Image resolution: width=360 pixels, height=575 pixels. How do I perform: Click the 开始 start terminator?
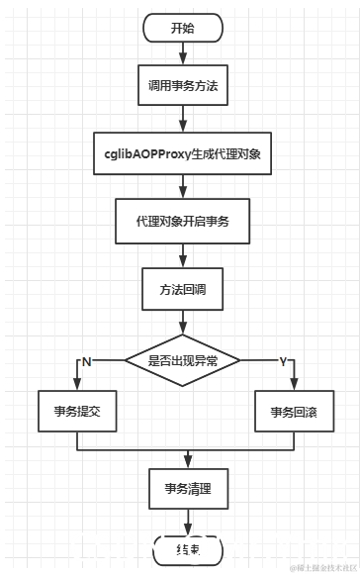tap(182, 28)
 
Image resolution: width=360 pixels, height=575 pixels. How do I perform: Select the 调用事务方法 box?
tap(182, 86)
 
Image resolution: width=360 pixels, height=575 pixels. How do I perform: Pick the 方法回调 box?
tap(182, 289)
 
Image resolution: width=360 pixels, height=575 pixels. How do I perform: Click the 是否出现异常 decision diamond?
tap(182, 361)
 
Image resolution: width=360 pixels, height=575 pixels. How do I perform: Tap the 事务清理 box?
tap(182, 488)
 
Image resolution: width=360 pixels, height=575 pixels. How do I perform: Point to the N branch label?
tap(86, 362)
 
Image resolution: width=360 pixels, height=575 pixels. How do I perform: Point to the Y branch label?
tap(282, 362)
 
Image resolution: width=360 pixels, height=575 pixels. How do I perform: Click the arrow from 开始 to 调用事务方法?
tap(182, 54)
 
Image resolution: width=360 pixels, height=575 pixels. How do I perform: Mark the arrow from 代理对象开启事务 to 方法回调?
tap(182, 255)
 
